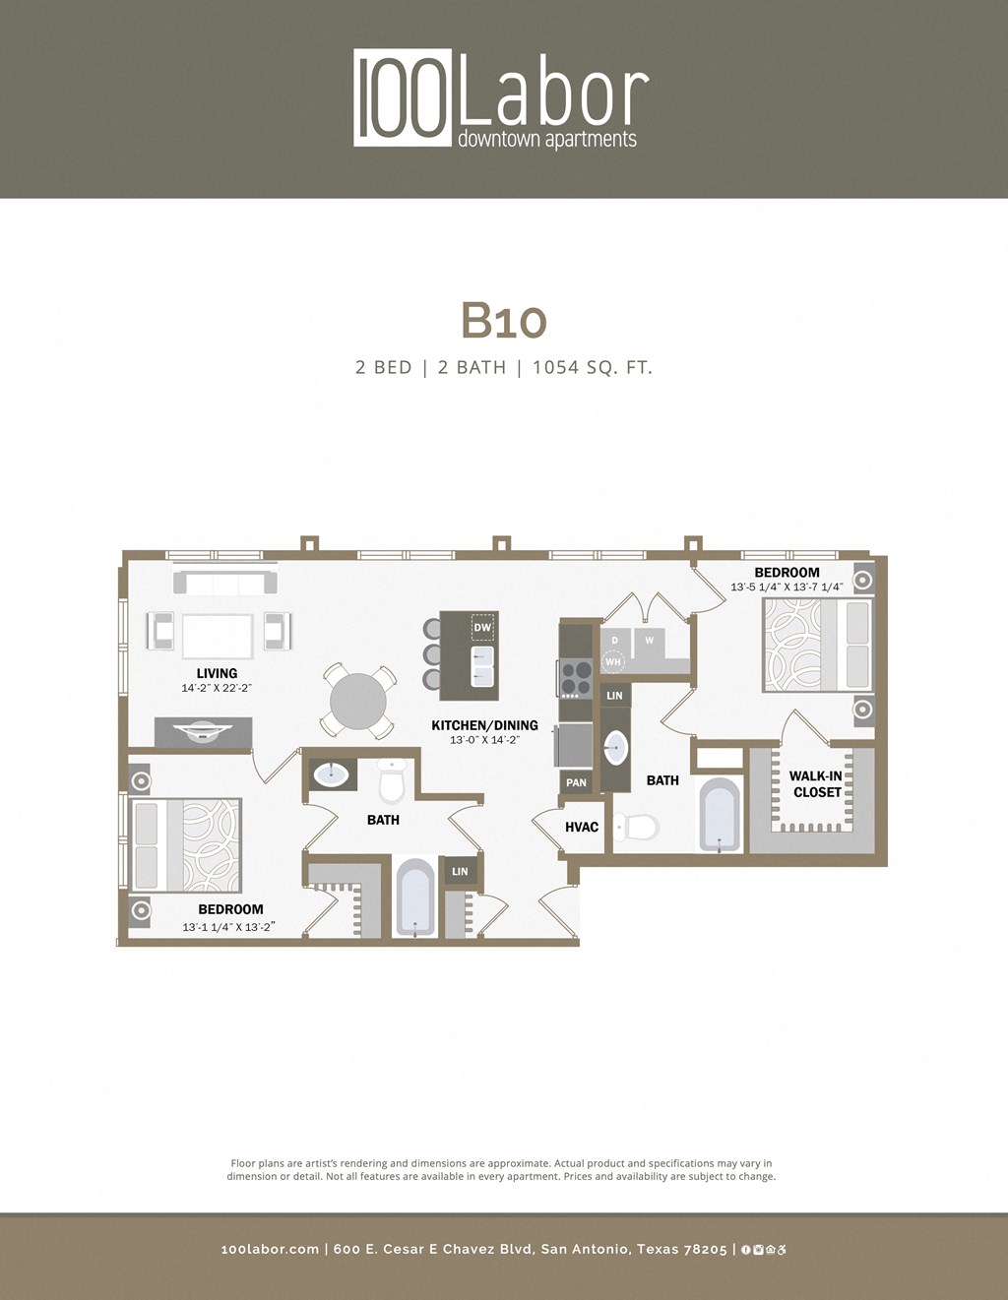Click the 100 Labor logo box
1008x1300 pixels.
(403, 97)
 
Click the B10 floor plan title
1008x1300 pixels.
(503, 320)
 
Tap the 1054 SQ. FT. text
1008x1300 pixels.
(593, 367)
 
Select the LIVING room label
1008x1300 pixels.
(217, 673)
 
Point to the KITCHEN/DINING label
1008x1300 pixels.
(484, 725)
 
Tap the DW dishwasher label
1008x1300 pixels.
(482, 628)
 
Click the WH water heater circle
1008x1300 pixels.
(613, 662)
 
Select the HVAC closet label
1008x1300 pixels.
(582, 827)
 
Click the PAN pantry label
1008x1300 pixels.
(577, 783)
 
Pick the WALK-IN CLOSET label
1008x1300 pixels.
(816, 784)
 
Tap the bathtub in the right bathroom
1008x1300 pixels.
(720, 814)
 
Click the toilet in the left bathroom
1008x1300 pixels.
(392, 781)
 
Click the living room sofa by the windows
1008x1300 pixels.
(224, 583)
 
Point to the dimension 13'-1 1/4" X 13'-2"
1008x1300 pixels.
(228, 927)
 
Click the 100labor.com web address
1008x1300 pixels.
(270, 1249)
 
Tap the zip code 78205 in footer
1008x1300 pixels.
(705, 1249)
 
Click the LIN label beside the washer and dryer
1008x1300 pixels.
(614, 695)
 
